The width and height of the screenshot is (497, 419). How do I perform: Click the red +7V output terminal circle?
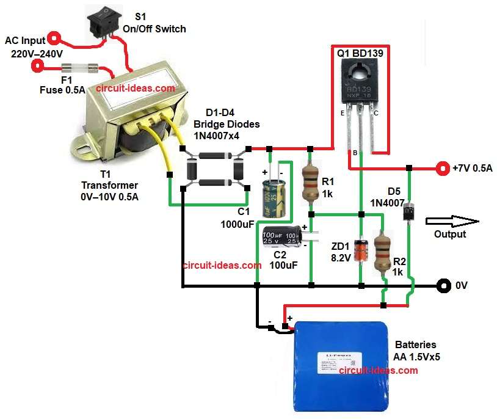[x=441, y=167]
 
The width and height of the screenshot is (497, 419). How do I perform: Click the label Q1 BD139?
[x=360, y=54]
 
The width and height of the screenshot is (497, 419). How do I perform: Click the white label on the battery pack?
[x=340, y=360]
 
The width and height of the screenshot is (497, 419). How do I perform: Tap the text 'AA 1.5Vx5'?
[x=416, y=357]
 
